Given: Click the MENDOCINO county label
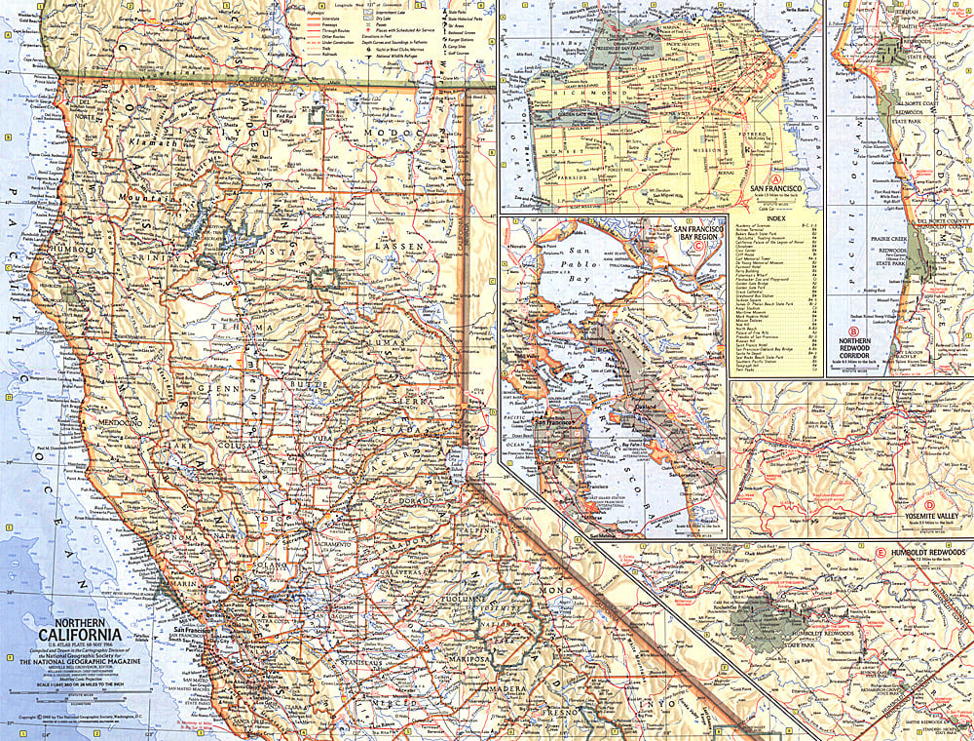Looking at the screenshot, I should point(114,423).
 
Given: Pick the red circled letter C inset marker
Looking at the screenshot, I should point(699,244).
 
